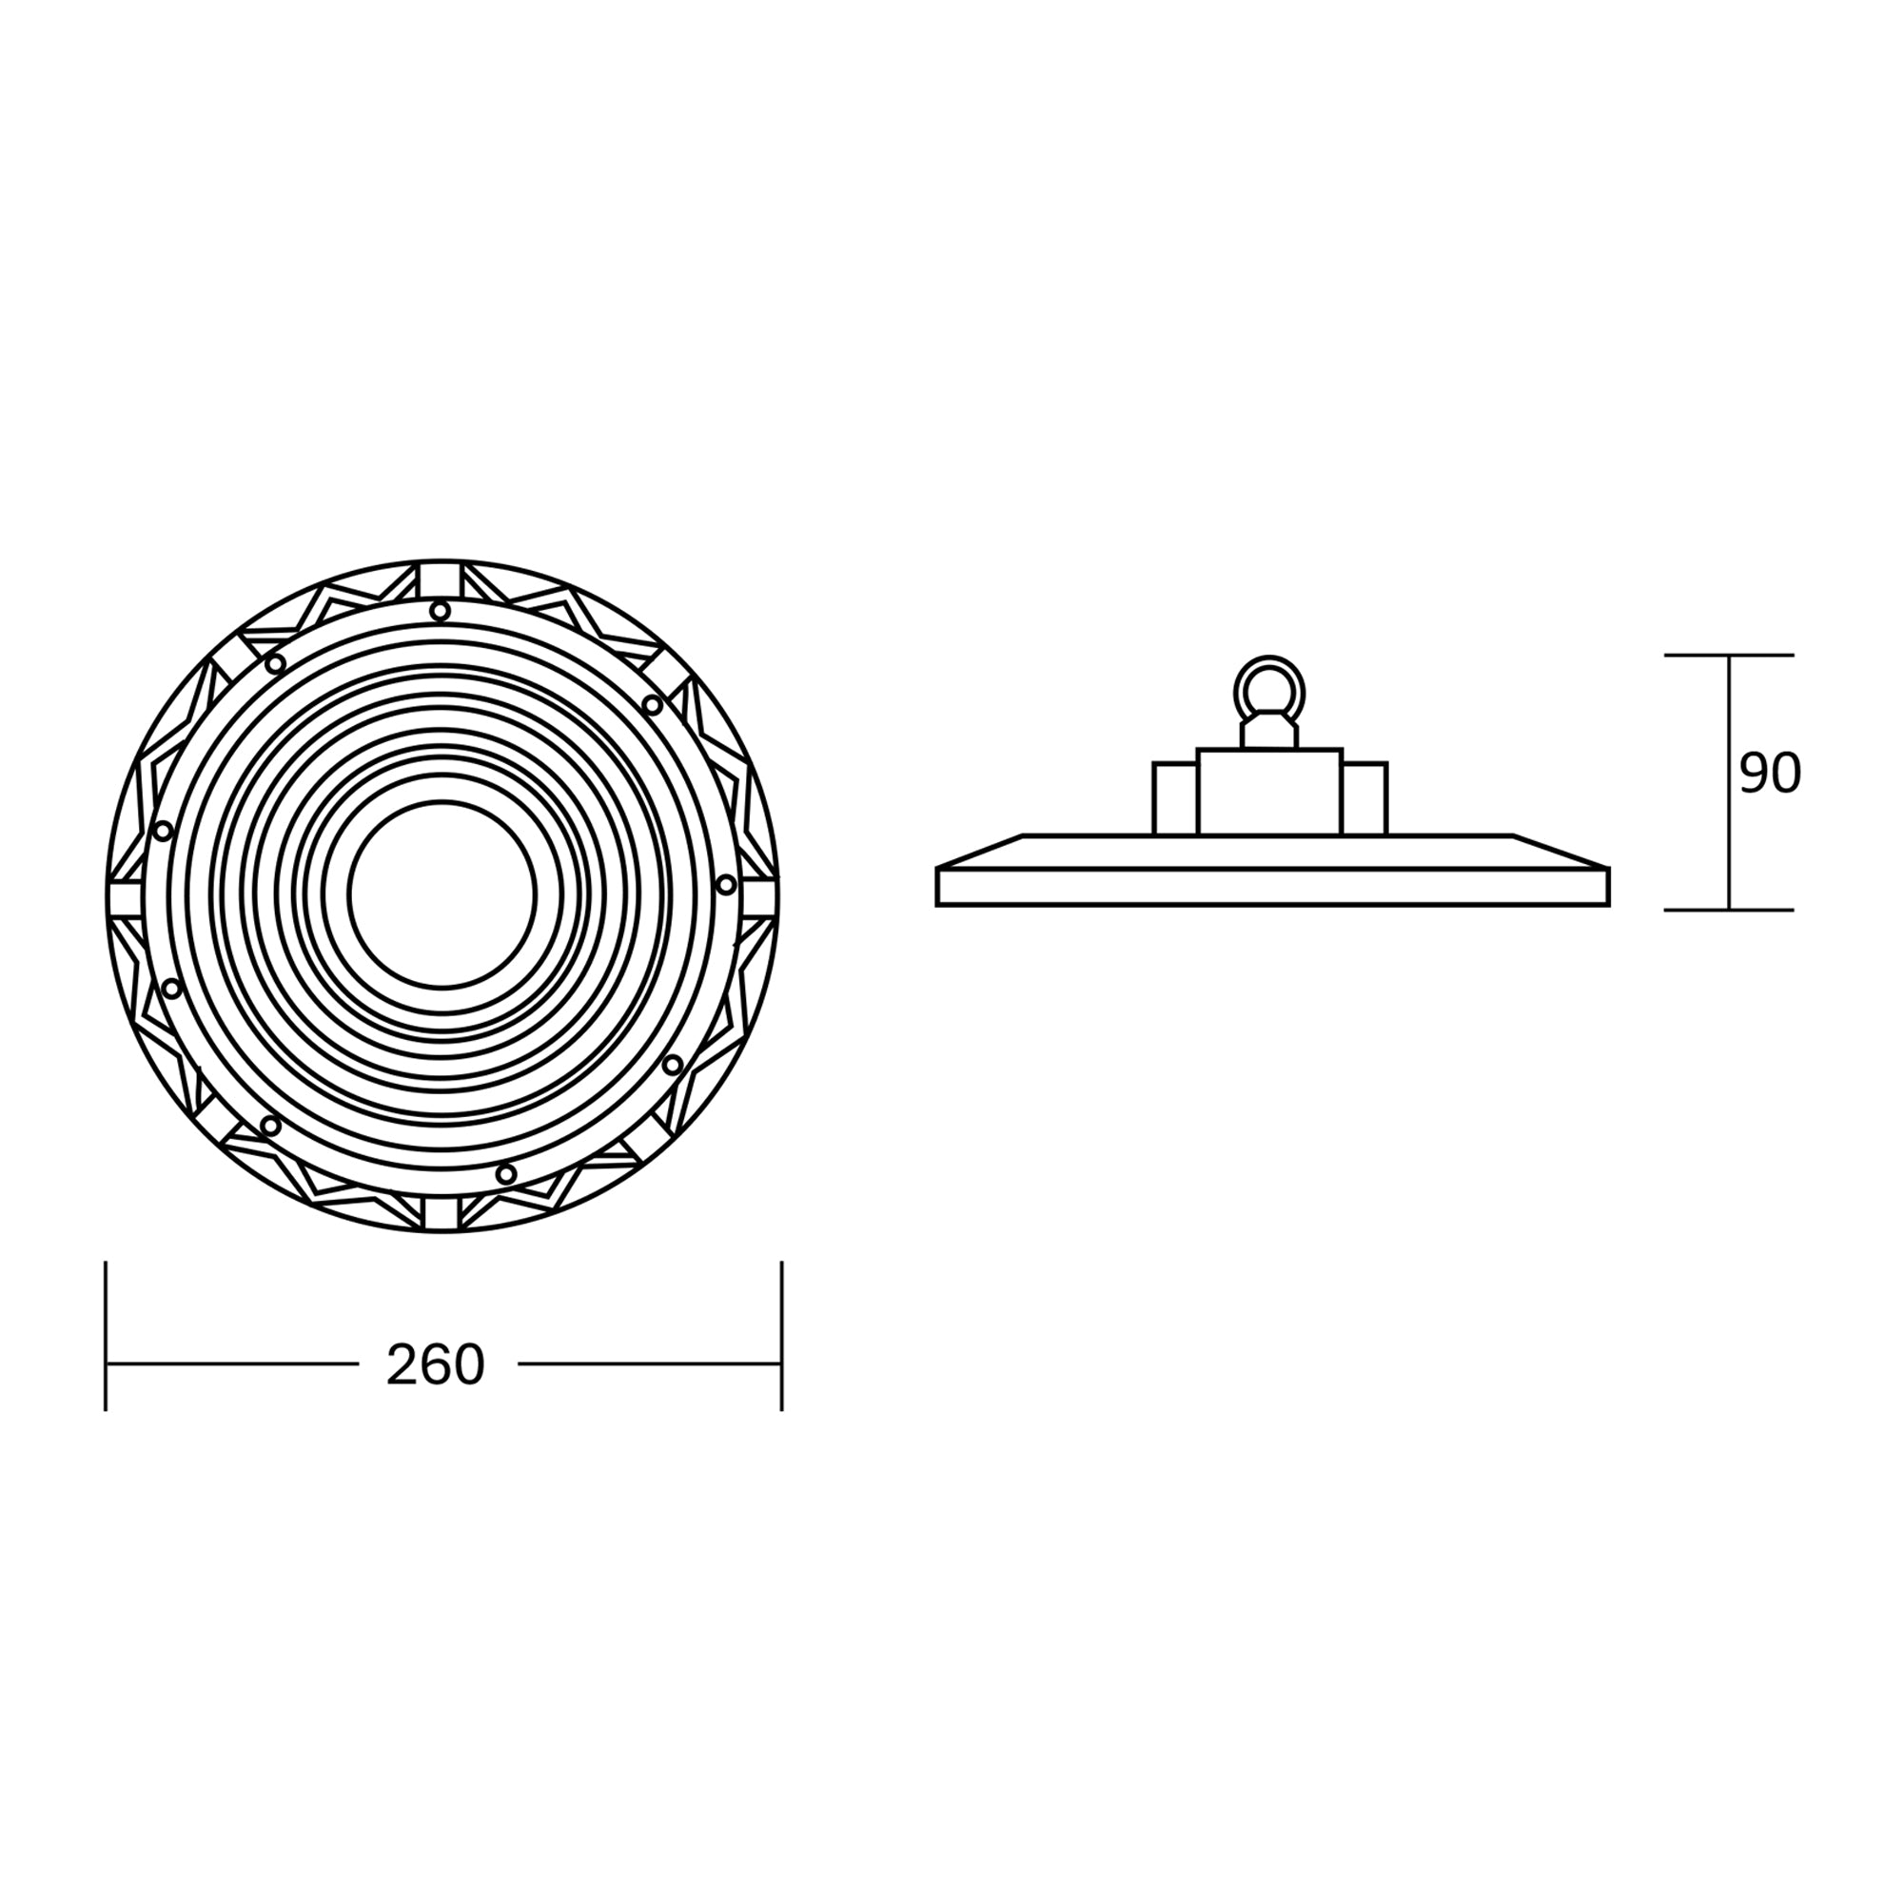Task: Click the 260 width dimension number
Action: pos(436,1366)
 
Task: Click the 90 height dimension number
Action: pos(1770,775)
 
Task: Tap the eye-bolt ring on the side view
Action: pos(1268,687)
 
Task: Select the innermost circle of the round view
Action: pos(442,894)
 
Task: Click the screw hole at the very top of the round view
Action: pos(441,612)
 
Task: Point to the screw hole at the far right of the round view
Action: pos(726,885)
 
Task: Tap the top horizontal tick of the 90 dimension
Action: pos(1729,655)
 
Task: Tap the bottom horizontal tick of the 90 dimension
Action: pos(1729,911)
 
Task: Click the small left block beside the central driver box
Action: pos(1175,799)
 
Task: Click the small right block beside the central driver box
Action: pos(1364,799)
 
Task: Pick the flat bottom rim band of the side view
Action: pos(1271,888)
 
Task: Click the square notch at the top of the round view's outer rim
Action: pos(441,579)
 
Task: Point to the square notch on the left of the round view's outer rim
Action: pos(124,897)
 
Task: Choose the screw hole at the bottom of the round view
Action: pos(505,1174)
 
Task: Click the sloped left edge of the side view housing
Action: pos(980,851)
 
